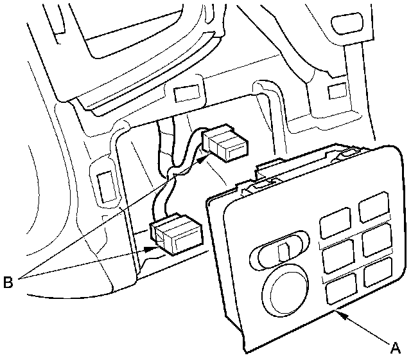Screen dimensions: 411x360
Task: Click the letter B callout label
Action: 8,281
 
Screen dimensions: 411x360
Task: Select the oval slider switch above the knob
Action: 280,253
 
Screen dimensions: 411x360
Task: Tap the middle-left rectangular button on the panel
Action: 337,258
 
